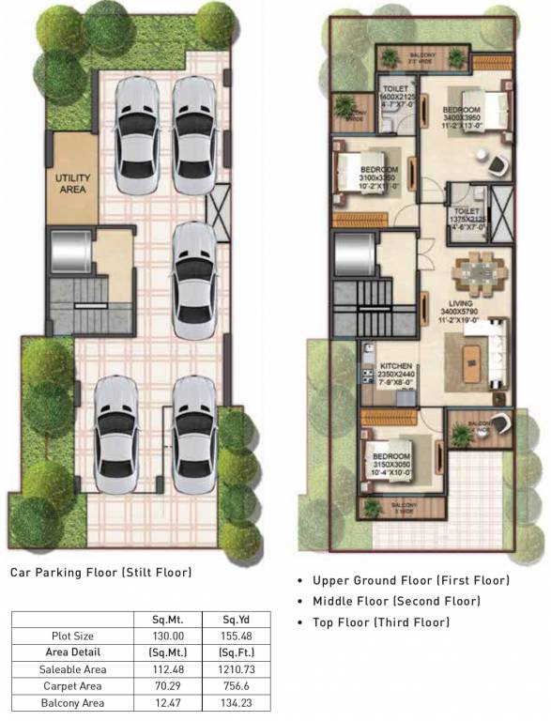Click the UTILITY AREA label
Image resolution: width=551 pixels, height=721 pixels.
tap(71, 182)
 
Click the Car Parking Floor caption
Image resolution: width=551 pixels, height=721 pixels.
tap(100, 571)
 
